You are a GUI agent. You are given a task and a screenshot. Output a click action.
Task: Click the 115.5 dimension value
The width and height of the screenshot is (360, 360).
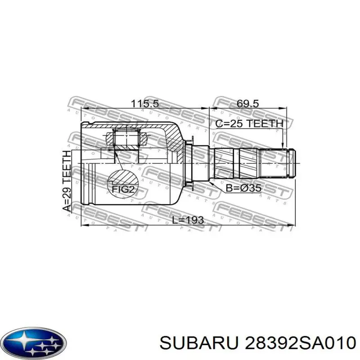(x=144, y=103)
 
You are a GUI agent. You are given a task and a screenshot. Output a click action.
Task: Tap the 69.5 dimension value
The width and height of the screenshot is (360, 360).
(x=247, y=103)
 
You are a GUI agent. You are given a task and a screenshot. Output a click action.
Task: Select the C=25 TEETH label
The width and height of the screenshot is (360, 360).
(x=250, y=124)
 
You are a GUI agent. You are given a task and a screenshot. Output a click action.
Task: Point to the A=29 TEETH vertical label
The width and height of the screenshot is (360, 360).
(x=67, y=181)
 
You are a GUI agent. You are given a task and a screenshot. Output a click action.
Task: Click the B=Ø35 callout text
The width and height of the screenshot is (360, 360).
(x=243, y=189)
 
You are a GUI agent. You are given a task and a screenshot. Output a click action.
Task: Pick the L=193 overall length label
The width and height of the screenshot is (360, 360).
(x=188, y=220)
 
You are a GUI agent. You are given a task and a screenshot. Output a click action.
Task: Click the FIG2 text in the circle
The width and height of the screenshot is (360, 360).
(x=123, y=189)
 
